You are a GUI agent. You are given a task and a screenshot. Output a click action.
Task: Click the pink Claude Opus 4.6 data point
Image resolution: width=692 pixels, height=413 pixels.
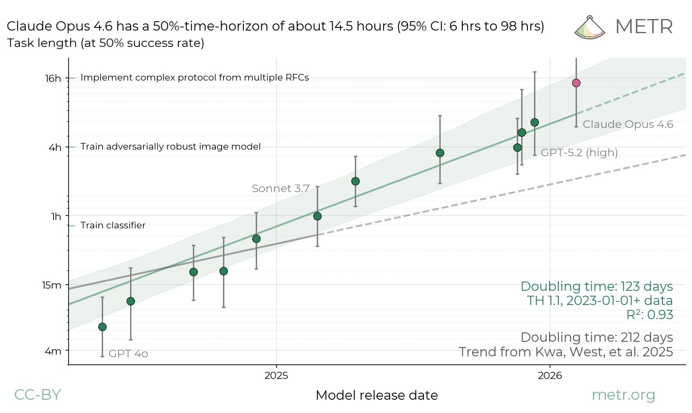coord(576,83)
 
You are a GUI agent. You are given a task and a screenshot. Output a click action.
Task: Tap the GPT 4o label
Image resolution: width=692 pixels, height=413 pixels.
coord(128,354)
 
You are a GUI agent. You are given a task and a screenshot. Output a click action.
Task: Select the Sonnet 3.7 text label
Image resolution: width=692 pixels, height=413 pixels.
coord(281,189)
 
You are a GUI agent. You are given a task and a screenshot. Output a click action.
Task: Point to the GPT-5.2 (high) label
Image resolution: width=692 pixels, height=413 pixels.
coord(579,153)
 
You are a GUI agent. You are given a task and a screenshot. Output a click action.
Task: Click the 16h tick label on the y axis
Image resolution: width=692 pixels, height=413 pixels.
coord(53,78)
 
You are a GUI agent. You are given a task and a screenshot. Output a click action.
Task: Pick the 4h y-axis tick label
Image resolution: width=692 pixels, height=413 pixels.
coord(55,147)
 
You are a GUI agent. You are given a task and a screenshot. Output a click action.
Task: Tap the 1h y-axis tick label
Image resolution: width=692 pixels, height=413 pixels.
coord(56,216)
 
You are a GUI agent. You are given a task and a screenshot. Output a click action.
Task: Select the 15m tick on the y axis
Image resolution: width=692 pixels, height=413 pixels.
coord(52,285)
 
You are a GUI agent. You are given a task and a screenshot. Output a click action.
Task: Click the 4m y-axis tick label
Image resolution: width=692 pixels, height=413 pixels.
coord(53,351)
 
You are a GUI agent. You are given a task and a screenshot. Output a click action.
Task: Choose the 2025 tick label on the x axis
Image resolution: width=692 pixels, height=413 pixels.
coord(276,376)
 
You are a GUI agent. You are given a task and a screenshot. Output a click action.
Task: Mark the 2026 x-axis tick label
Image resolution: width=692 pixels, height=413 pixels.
coord(550,376)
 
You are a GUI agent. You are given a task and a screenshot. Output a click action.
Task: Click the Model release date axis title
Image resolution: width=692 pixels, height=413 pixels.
coord(377,395)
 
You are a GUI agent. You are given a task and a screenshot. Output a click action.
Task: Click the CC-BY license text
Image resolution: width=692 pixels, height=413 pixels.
coord(37,394)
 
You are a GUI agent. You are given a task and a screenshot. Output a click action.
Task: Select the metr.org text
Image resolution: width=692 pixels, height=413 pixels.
coord(623,394)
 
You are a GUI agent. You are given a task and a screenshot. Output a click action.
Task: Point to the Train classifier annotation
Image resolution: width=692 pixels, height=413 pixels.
coord(113,225)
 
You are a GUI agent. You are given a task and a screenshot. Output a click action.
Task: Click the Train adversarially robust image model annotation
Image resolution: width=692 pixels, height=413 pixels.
coord(170,147)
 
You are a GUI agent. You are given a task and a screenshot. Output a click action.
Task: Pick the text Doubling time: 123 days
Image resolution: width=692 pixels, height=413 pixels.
coord(596,286)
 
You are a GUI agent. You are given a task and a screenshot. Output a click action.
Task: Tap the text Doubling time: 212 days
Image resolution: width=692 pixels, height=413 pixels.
coord(596,337)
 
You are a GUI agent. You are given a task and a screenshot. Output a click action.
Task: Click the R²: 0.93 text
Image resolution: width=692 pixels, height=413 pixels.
coord(650,315)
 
